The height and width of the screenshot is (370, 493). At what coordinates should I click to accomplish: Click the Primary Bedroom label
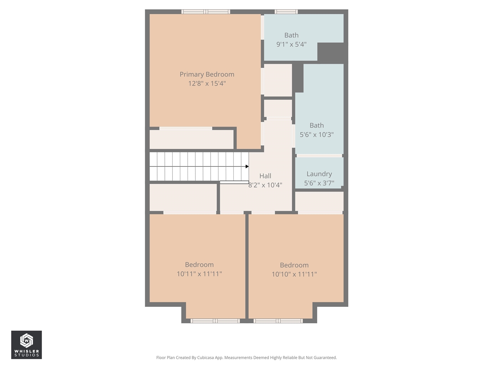click(x=207, y=74)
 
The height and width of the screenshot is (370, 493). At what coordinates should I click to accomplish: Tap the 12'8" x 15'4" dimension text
click(x=207, y=84)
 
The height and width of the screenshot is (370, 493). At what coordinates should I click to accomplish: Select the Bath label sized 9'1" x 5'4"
click(x=291, y=35)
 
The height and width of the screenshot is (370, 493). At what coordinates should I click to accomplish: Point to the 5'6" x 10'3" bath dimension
click(x=317, y=135)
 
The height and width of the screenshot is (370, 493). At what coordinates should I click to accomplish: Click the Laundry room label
click(x=319, y=174)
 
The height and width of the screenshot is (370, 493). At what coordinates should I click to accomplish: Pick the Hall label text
click(x=265, y=176)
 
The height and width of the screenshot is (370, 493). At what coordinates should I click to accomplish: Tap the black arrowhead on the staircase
click(x=247, y=166)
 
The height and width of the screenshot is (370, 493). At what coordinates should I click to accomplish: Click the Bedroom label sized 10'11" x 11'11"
click(x=199, y=265)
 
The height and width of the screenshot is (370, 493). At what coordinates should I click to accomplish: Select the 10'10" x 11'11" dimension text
click(x=294, y=274)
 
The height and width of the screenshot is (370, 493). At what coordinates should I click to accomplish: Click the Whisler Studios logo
click(x=26, y=345)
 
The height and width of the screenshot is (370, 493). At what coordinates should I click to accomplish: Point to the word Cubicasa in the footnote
click(x=206, y=358)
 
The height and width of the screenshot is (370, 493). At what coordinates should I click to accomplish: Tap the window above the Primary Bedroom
click(x=206, y=12)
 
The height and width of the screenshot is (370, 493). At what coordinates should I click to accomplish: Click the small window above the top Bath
click(x=286, y=12)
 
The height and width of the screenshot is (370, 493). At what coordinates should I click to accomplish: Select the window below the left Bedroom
click(x=215, y=321)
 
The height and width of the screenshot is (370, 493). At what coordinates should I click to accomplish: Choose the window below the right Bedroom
click(x=278, y=321)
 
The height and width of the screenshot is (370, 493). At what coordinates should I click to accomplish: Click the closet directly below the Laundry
click(x=319, y=201)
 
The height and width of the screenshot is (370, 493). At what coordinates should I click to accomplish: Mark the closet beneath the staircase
click(x=183, y=197)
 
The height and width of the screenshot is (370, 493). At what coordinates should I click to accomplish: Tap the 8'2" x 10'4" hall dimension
click(x=265, y=185)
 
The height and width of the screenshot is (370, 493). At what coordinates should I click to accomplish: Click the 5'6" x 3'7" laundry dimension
click(x=319, y=183)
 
